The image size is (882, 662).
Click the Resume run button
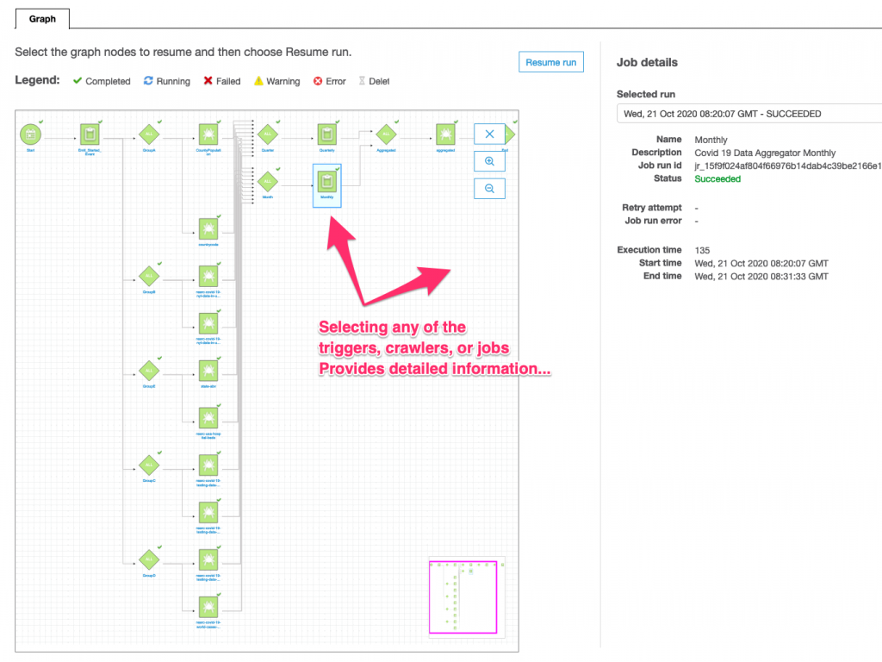[x=550, y=62]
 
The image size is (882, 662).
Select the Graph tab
[x=42, y=18]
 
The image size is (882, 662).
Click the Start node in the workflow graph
[x=30, y=134]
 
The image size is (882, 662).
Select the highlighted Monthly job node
[x=326, y=183]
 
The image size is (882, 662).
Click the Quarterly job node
[x=326, y=134]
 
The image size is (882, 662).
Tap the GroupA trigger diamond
[x=149, y=134]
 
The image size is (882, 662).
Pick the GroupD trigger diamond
[x=149, y=559]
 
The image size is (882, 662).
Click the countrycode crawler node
[x=208, y=228]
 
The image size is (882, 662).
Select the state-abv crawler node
[x=208, y=371]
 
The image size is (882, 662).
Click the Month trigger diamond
[x=267, y=183]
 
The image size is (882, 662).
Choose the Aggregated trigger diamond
[x=385, y=134]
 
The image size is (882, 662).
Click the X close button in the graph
[x=489, y=134]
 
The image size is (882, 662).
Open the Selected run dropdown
[x=748, y=114]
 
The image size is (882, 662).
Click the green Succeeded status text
[x=717, y=178]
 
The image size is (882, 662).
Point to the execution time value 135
[x=702, y=250]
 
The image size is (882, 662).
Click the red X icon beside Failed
[x=208, y=81]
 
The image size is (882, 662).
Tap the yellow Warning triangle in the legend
[x=258, y=81]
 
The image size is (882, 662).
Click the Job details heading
[x=647, y=62]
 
